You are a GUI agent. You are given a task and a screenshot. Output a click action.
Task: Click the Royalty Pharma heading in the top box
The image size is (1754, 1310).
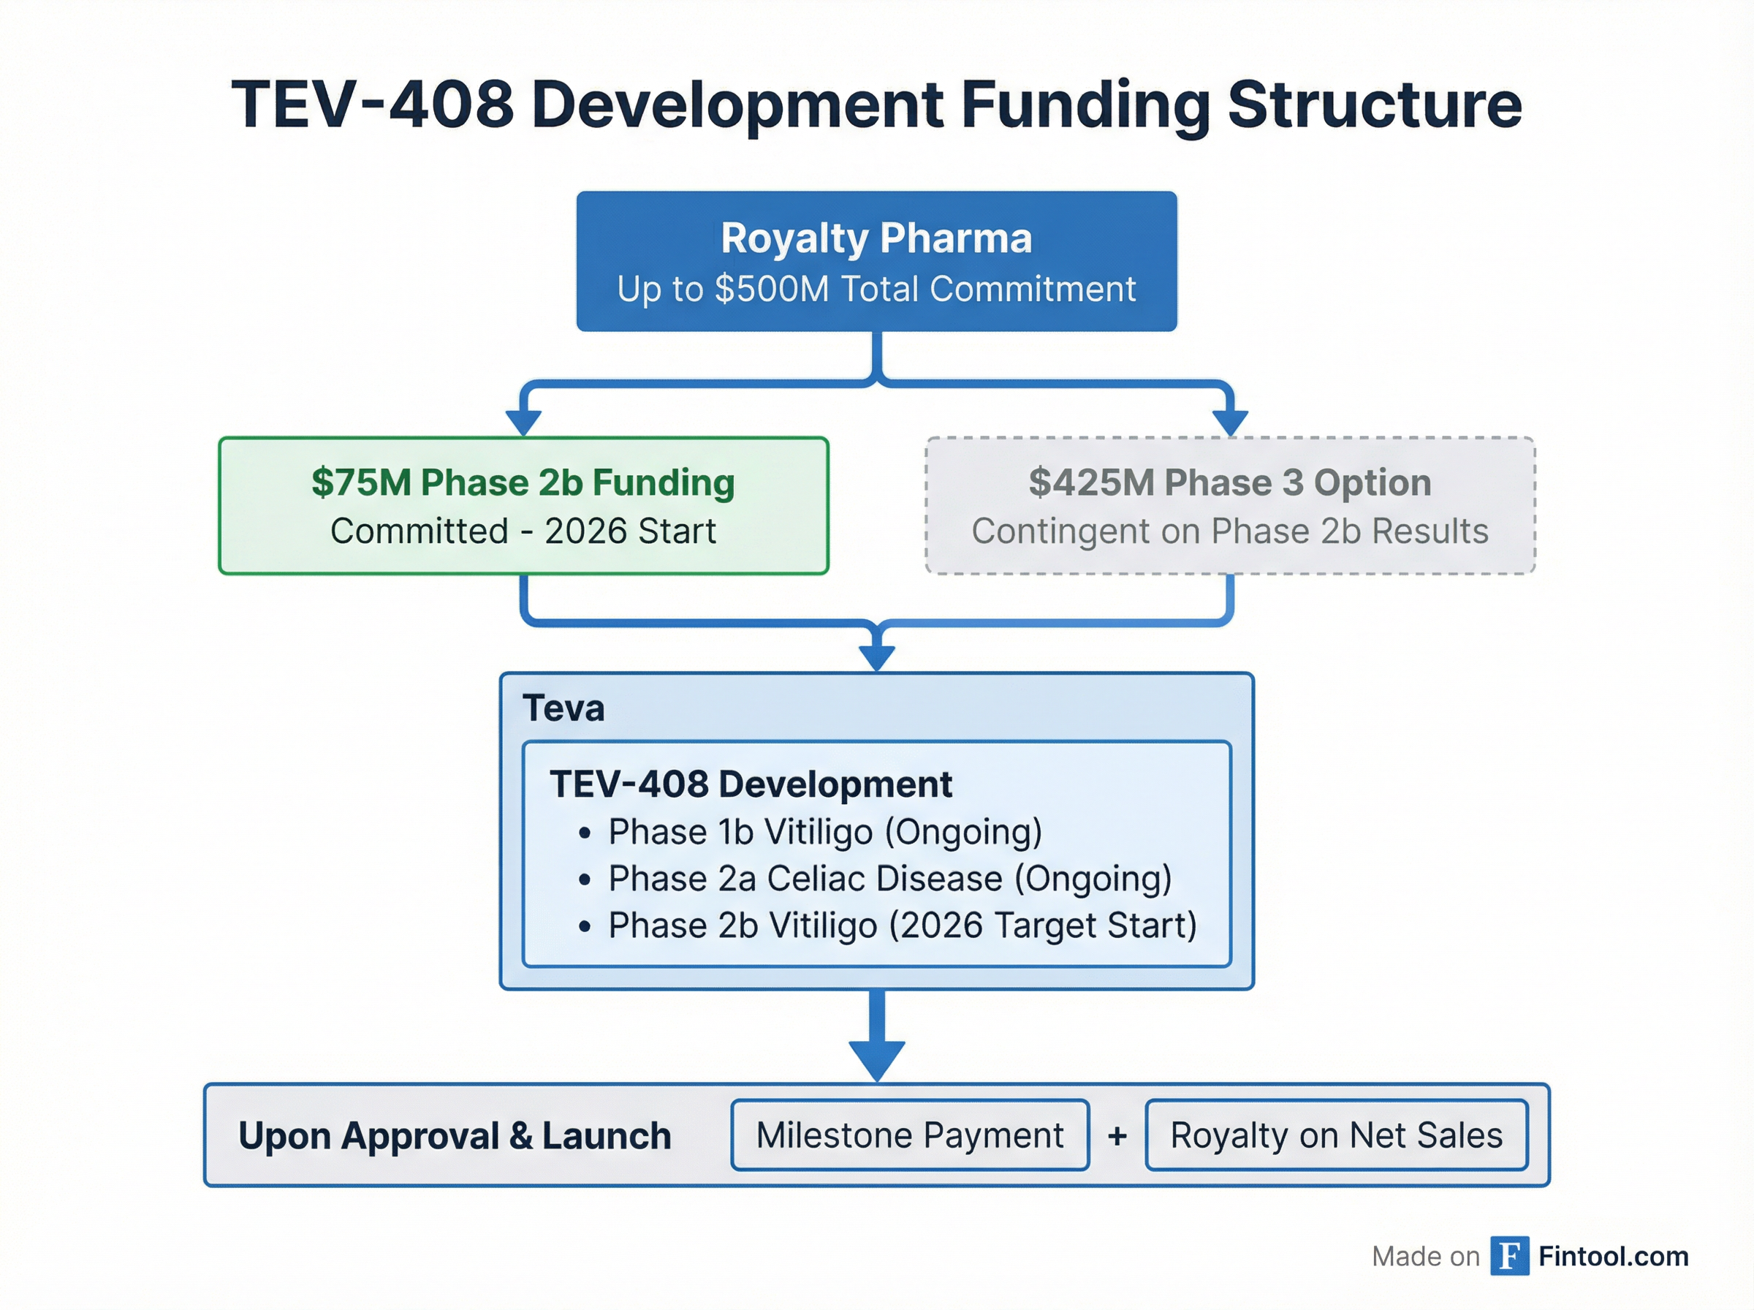coord(876,238)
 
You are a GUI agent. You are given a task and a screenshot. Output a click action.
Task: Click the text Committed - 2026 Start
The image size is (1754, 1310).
coord(523,531)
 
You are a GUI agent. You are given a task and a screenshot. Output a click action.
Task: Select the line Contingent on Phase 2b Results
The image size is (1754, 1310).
coord(1229,531)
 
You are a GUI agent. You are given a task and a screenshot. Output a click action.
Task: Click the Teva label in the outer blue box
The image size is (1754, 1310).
coord(563,708)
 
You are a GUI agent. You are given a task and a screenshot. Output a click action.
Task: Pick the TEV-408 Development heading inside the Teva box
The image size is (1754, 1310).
coord(751,784)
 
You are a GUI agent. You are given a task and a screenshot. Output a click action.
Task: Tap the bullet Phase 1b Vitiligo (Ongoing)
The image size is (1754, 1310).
coord(824,832)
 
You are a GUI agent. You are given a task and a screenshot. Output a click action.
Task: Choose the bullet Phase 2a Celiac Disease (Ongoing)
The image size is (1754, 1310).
coord(889,879)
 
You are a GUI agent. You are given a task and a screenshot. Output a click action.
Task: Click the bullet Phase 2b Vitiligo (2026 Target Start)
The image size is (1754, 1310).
coord(902,925)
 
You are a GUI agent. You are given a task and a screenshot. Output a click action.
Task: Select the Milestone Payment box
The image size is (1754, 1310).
coord(909,1135)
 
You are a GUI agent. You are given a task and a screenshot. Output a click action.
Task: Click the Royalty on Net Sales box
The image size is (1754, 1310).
coord(1336,1135)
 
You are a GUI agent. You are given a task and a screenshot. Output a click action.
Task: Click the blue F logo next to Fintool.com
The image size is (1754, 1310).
coord(1509,1256)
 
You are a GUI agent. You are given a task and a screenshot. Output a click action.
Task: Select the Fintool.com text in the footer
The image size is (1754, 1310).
coord(1613,1256)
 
